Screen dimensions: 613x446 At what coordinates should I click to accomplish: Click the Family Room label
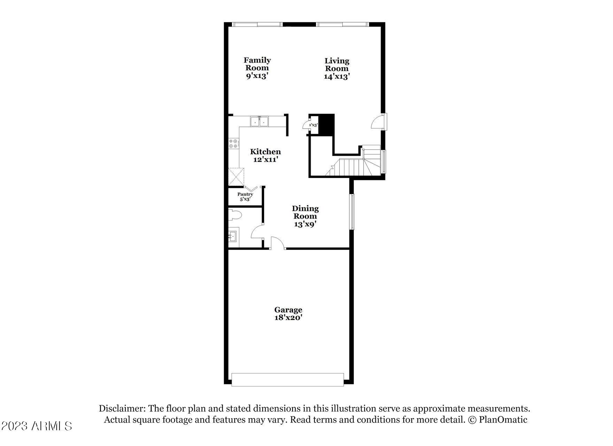pos(257,64)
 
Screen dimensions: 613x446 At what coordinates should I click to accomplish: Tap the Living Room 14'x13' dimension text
pos(336,77)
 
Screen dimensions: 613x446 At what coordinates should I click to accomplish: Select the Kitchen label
pos(265,152)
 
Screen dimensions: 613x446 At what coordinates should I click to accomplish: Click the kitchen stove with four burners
pos(234,144)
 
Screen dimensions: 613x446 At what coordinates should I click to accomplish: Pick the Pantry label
pos(245,194)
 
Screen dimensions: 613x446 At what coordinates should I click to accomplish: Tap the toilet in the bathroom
pos(235,215)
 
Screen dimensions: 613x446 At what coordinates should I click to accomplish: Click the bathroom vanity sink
pos(233,237)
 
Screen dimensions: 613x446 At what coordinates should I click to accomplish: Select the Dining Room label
pos(305,212)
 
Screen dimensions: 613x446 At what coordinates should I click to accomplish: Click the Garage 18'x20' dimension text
pos(288,318)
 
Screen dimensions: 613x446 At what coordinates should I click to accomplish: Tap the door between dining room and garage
pos(278,243)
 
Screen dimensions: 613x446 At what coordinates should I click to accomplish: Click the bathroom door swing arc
pos(256,231)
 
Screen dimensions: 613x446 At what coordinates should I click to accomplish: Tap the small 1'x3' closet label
pos(313,125)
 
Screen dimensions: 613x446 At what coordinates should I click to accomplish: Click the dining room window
pos(352,212)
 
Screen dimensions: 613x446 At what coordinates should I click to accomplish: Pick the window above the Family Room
pos(257,24)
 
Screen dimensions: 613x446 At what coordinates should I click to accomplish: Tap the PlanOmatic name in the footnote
pos(503,420)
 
